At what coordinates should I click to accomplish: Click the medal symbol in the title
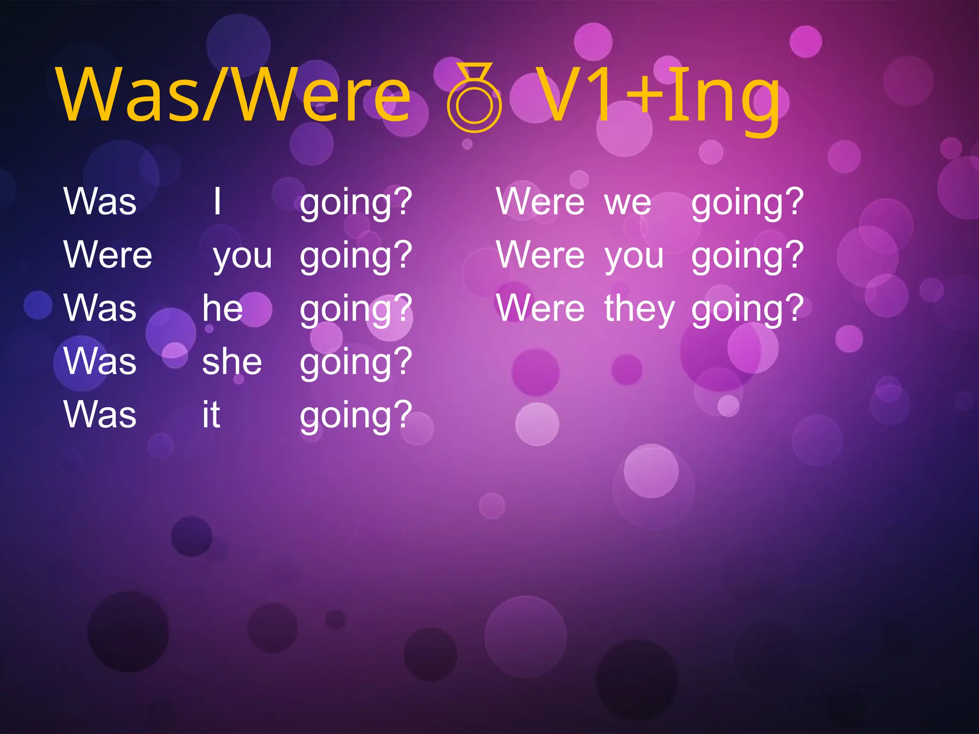[x=474, y=97]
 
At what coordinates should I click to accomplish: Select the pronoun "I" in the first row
[x=218, y=202]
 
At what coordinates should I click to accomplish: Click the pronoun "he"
[x=222, y=308]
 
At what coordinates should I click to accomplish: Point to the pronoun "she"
[x=232, y=362]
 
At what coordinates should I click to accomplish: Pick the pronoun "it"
[x=211, y=415]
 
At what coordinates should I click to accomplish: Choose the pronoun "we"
[x=628, y=202]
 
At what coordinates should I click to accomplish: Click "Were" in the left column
[x=108, y=255]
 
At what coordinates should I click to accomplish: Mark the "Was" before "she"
[x=100, y=361]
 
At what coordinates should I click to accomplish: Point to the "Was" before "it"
[x=100, y=414]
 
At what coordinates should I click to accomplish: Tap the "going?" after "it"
[x=356, y=416]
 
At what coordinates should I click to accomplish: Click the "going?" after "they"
[x=748, y=309]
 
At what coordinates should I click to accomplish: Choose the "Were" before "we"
[x=540, y=202]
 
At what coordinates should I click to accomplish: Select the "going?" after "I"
[x=356, y=203]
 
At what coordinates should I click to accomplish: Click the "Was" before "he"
[x=100, y=308]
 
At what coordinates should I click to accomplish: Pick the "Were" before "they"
[x=540, y=308]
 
